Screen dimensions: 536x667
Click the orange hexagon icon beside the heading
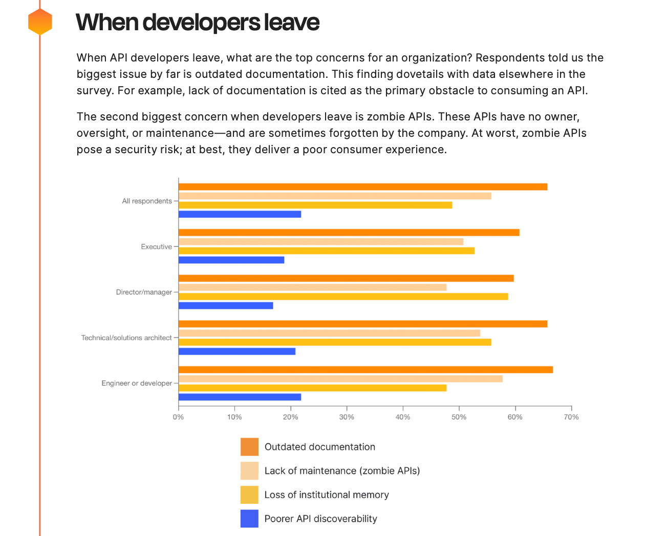(40, 22)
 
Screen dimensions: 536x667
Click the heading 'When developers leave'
(197, 23)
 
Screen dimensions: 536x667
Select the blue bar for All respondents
(240, 214)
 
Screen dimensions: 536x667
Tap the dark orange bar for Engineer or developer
(365, 369)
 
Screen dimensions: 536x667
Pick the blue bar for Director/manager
(226, 305)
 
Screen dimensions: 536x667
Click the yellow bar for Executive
(327, 251)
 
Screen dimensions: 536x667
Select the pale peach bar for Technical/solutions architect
(329, 333)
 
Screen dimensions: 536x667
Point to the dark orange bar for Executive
(349, 233)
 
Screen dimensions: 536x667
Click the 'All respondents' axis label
(147, 201)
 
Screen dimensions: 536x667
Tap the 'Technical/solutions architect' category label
(126, 338)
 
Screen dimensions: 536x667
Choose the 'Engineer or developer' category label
(137, 383)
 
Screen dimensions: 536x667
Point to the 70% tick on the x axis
(571, 417)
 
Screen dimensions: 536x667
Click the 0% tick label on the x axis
(178, 417)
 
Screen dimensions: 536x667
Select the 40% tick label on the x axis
(403, 417)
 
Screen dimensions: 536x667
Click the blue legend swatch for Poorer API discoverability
(249, 519)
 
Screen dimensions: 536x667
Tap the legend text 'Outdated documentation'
(319, 447)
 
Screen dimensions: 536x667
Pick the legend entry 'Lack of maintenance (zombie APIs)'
(342, 471)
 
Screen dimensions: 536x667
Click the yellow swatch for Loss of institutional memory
(249, 495)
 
